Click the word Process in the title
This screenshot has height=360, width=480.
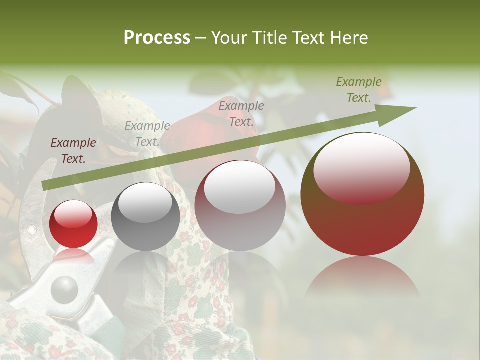157,38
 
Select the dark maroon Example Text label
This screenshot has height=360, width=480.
73,151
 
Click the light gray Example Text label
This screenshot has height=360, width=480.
147,134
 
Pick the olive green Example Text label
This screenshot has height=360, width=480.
359,90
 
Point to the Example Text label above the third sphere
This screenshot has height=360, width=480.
241,113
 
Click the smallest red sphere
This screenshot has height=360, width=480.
74,224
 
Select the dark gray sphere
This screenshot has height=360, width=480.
145,216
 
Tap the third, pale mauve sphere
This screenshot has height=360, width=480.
240,205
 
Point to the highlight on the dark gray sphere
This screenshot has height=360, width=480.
145,202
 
